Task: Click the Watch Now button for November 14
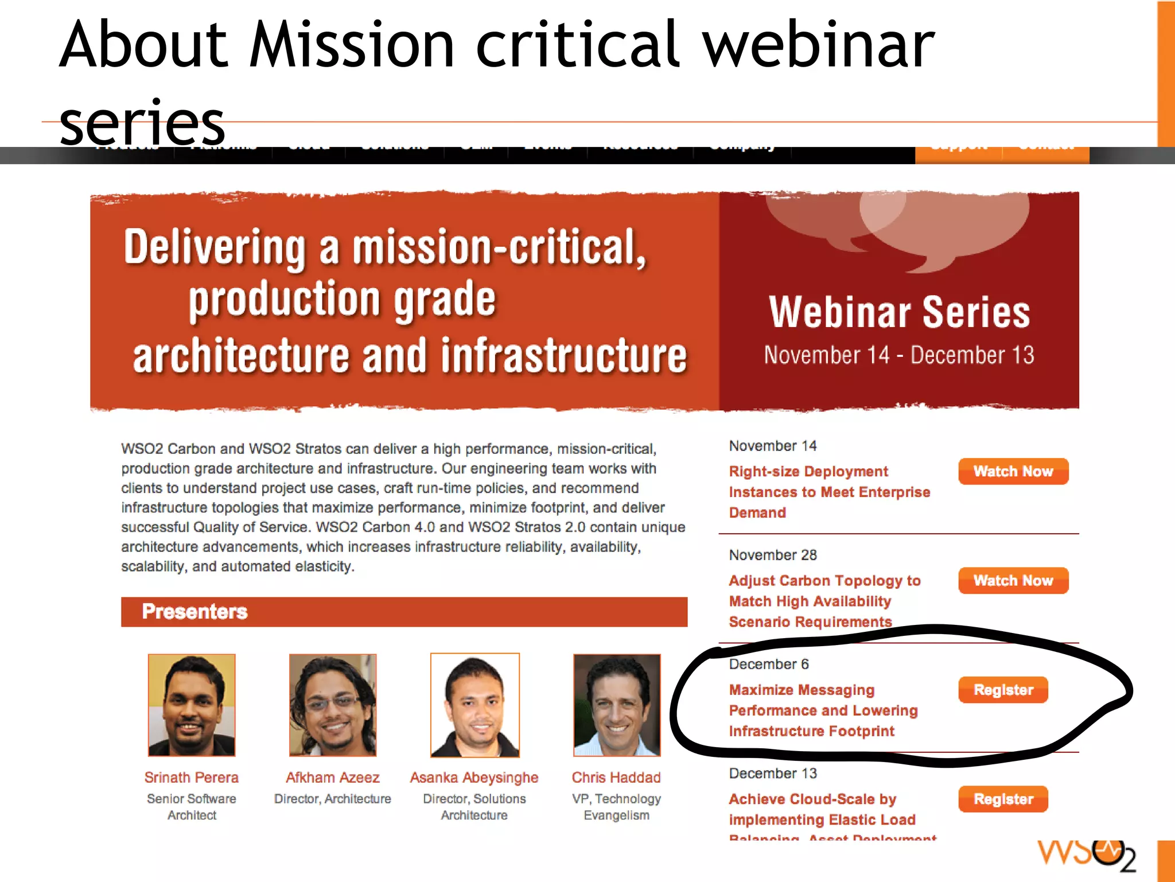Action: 1013,471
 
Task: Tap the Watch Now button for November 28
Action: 1013,580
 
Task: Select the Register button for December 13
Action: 1003,799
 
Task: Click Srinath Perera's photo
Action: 192,705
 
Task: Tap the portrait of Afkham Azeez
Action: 333,705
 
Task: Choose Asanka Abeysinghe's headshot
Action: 475,705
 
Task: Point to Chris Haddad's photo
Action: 617,705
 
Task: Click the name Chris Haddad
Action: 616,778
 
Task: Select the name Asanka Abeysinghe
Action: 474,778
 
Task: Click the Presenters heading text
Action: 194,612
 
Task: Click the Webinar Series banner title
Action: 899,313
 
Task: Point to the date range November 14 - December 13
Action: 899,355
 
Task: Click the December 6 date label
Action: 769,664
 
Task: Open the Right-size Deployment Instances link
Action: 829,492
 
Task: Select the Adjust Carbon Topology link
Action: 824,601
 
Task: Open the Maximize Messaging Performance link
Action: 823,710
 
